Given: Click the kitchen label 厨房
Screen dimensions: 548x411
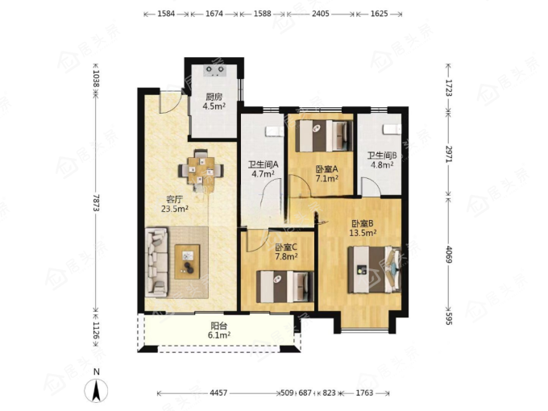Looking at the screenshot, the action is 214,97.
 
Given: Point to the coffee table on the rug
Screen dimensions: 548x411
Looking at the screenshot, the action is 187,262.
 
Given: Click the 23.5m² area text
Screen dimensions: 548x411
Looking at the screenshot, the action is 175,210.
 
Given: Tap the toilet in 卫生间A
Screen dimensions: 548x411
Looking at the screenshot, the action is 274,131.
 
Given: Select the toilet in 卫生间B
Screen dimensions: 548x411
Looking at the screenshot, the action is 392,129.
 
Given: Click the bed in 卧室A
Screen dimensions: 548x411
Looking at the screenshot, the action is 324,136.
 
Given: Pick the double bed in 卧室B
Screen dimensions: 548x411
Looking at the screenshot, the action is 374,269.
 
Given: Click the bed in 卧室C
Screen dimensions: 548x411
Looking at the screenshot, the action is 285,287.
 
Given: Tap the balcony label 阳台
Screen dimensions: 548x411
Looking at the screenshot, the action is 219,326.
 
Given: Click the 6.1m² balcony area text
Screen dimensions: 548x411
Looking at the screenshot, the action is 219,335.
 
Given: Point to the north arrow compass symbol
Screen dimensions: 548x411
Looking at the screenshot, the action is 96,388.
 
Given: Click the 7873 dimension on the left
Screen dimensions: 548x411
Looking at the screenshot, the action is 97,203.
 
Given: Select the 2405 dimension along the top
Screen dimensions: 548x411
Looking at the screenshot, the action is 321,14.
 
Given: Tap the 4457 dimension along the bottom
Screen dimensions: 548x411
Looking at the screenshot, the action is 218,393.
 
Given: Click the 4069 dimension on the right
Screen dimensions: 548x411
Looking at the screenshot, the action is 449,255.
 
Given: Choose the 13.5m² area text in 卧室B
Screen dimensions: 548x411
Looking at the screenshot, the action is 363,233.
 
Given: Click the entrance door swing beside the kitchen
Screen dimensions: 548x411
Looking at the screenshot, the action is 170,102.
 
